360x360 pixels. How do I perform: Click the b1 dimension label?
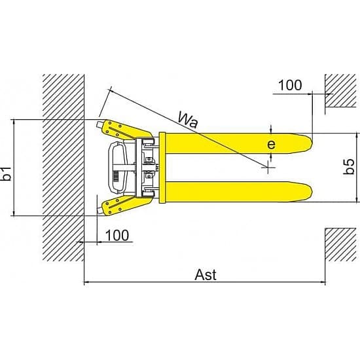click(6, 173)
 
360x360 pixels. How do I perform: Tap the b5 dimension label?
click(349, 166)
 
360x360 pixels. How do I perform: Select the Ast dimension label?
click(206, 275)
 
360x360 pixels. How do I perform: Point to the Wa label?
click(188, 120)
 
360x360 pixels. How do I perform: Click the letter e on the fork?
click(272, 145)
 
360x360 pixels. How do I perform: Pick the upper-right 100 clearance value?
click(290, 85)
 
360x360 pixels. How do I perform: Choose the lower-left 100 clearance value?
click(117, 236)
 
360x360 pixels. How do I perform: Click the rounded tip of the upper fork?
click(310, 143)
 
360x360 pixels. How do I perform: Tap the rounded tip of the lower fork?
click(310, 192)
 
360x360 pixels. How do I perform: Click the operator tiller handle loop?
click(117, 168)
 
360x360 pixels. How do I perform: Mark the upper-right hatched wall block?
click(340, 90)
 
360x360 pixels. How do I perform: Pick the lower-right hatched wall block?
click(340, 245)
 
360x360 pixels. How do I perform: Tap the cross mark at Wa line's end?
click(268, 168)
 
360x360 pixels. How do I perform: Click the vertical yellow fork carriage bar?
click(162, 168)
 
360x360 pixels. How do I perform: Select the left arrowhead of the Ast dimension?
click(87, 281)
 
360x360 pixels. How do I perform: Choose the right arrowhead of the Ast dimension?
click(322, 281)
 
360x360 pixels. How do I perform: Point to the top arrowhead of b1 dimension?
click(14, 122)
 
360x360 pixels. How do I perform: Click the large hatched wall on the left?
click(63, 168)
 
